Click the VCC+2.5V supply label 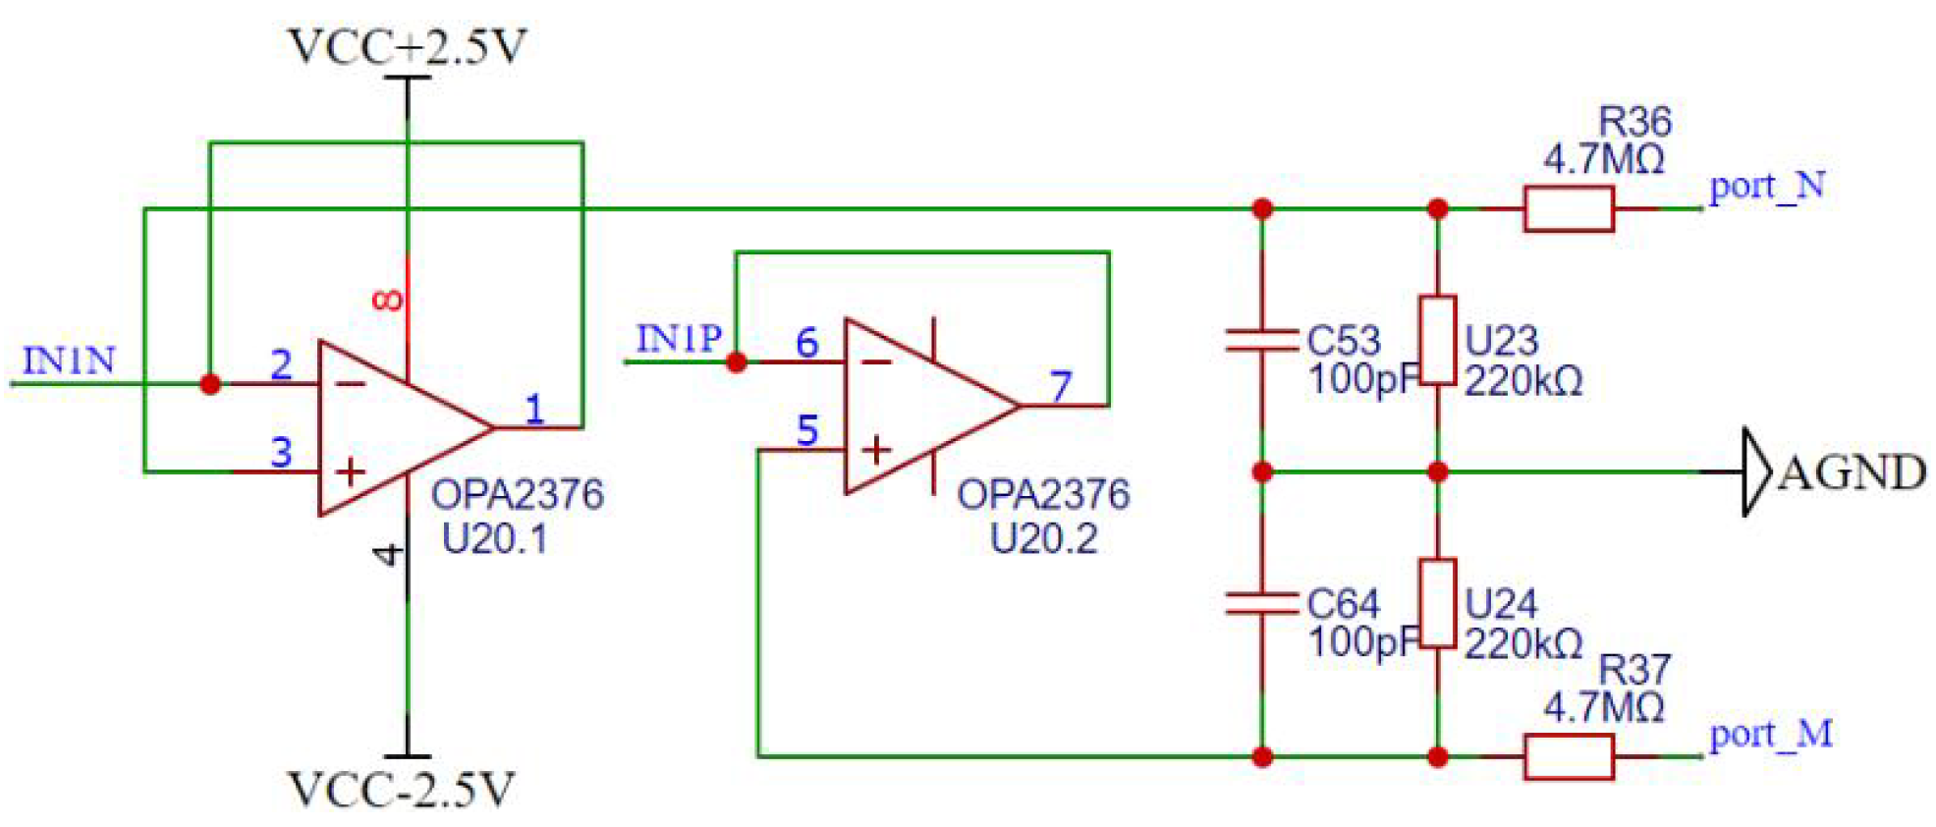407,46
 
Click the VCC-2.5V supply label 401,790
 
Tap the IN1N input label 69,360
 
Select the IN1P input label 679,339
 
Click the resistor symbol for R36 1568,208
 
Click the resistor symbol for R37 1568,757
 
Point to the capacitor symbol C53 1262,341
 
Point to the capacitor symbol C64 1262,603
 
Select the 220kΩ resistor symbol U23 1437,340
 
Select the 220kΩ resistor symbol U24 1437,603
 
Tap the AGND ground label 1851,472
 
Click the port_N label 1766,185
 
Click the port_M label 1770,734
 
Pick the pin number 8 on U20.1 388,300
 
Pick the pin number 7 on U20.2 1060,386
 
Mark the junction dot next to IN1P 737,362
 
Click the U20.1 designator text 494,538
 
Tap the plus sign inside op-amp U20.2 875,450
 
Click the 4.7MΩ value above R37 1603,706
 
